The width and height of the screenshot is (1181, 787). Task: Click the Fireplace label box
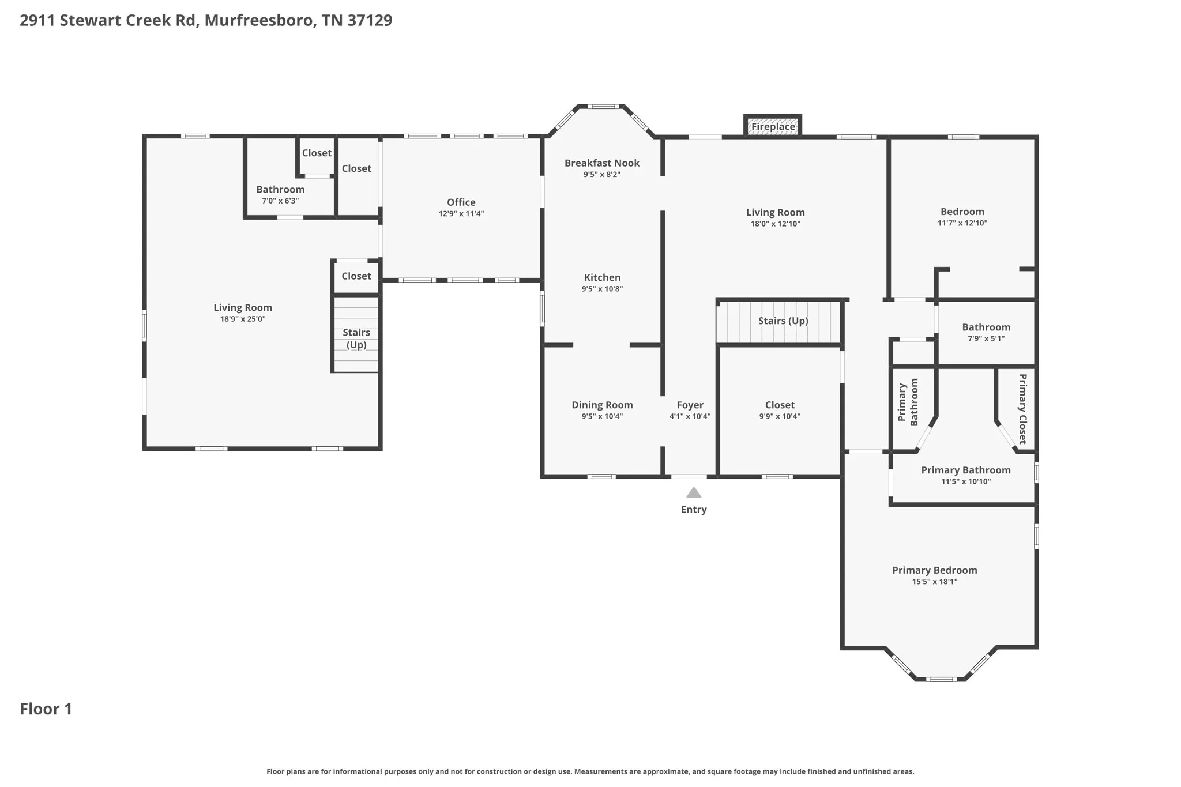[x=773, y=126]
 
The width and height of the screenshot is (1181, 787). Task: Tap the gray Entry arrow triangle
[x=694, y=492]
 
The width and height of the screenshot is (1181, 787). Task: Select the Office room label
[x=461, y=202]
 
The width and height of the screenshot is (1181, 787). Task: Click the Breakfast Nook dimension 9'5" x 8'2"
[x=602, y=174]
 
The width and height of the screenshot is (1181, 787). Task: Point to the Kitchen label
[x=602, y=277]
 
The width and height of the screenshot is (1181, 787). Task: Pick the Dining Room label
[x=602, y=405]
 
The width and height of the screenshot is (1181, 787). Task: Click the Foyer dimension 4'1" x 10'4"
[x=690, y=416]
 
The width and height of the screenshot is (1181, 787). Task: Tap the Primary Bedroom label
[x=935, y=570]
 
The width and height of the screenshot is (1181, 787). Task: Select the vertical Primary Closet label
[x=1022, y=409]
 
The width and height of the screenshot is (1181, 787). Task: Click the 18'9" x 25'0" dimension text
[x=243, y=319]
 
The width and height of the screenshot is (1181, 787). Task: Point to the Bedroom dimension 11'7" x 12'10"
[x=962, y=223]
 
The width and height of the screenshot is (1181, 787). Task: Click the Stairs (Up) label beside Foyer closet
[x=783, y=321]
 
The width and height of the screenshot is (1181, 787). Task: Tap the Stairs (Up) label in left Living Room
[x=356, y=338]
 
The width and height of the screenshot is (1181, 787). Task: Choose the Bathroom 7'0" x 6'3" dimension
[x=280, y=201]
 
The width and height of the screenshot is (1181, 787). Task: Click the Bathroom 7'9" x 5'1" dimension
[x=986, y=338]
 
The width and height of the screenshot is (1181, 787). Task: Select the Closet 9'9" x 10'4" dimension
[x=780, y=416]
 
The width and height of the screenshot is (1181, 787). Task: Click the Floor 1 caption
[x=46, y=709]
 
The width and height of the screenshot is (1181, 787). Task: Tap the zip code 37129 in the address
[x=370, y=20]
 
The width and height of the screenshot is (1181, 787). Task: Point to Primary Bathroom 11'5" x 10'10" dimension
[x=966, y=481]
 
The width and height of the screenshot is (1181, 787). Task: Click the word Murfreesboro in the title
[x=259, y=20]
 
